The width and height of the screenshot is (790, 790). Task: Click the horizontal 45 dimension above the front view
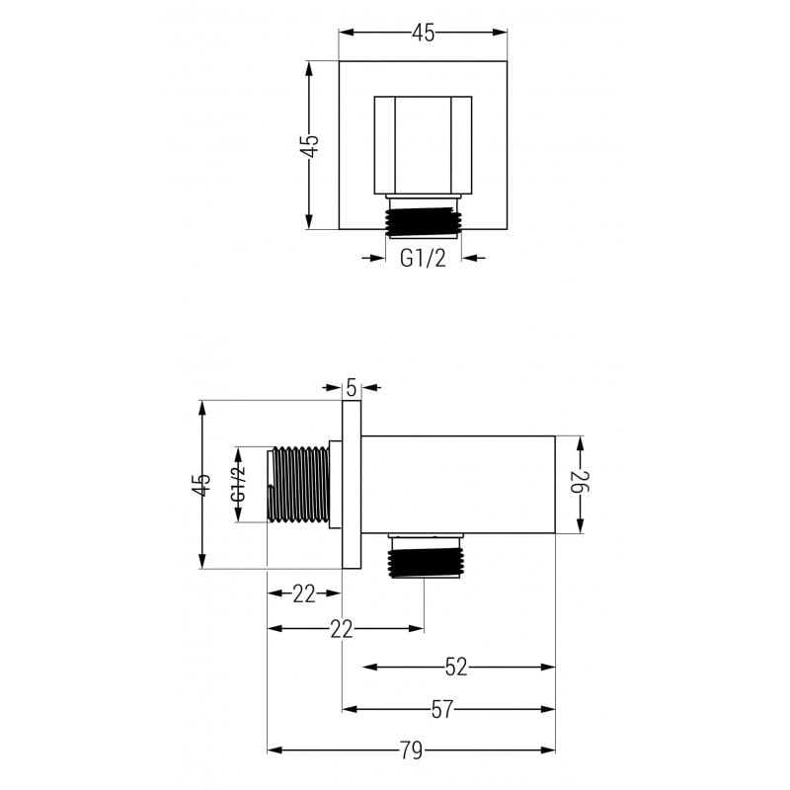coord(423,33)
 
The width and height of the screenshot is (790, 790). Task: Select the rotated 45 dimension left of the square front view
coord(310,145)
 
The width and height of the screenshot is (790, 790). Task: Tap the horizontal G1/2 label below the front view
coord(423,259)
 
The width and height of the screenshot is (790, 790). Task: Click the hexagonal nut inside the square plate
coord(423,145)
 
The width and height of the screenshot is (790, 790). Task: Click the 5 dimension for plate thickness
coord(353,388)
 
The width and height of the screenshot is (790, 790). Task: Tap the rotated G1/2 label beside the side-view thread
coord(238,485)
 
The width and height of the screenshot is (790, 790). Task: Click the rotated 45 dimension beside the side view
coord(201,485)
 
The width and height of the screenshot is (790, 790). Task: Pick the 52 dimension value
coord(455,668)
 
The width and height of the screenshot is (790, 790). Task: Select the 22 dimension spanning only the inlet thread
coord(304,593)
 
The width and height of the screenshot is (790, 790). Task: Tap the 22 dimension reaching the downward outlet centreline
coord(342,629)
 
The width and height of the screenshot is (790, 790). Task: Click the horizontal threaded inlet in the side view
coord(299,485)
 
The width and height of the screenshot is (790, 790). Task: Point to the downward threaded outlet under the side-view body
coord(424,558)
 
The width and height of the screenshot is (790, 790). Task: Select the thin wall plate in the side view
coord(352,485)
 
